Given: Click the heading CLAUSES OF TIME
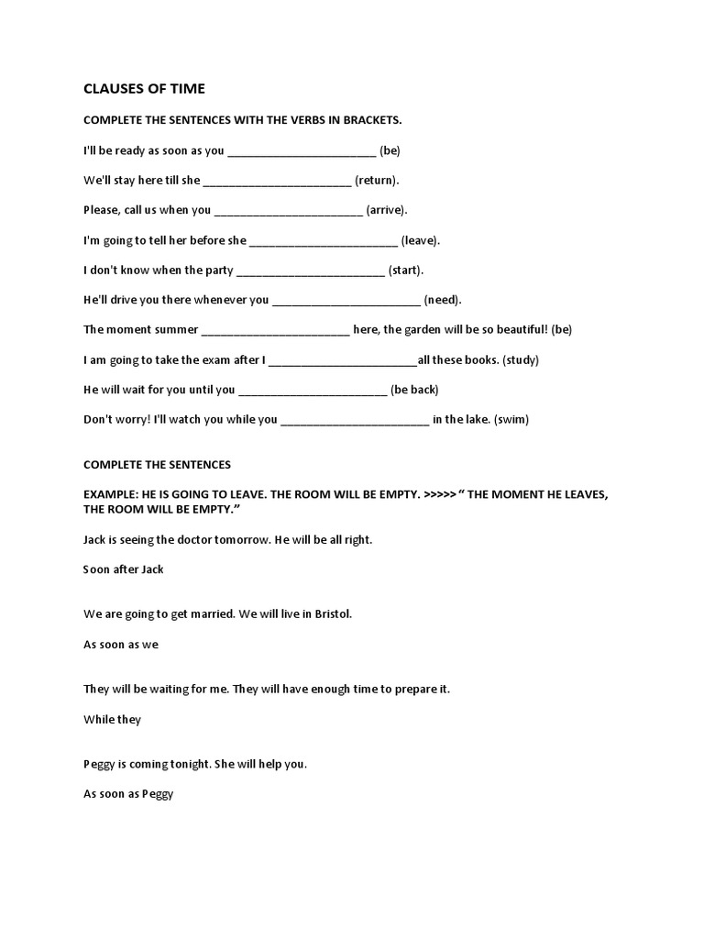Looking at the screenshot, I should [144, 89].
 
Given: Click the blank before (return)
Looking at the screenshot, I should [276, 181].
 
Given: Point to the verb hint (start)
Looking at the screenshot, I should [406, 271].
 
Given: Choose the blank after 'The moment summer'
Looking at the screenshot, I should [275, 330].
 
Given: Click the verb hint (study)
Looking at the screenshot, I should [522, 360].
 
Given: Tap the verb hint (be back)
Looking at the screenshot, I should [414, 390].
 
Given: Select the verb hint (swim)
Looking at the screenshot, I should [511, 420].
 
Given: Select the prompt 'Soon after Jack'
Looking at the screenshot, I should [124, 569].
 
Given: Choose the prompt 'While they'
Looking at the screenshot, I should [113, 720].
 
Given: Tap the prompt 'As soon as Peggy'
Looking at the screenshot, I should [128, 794].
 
